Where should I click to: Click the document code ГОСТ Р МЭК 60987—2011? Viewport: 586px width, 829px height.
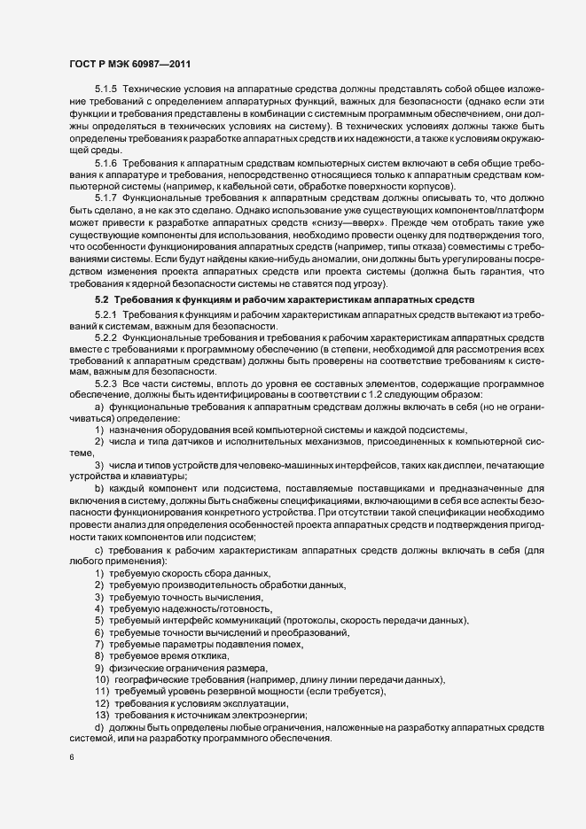pos(129,65)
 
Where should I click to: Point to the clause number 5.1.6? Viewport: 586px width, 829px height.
pos(106,166)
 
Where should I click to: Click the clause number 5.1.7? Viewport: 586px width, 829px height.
pos(106,197)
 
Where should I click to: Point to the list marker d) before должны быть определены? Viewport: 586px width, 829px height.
pos(99,726)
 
